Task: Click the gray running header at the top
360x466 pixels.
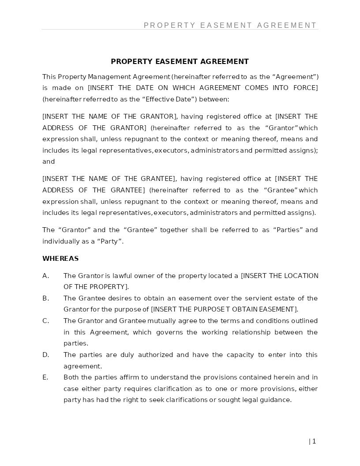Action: pyautogui.click(x=230, y=26)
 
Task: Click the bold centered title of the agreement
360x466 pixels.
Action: pyautogui.click(x=180, y=62)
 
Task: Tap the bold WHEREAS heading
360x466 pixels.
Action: pyautogui.click(x=60, y=259)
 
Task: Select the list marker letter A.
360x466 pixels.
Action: pyautogui.click(x=45, y=276)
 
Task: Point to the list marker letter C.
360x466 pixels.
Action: pyautogui.click(x=45, y=321)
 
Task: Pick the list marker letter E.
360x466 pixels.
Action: pyautogui.click(x=45, y=377)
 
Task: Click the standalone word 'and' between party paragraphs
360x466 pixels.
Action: pyautogui.click(x=49, y=162)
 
